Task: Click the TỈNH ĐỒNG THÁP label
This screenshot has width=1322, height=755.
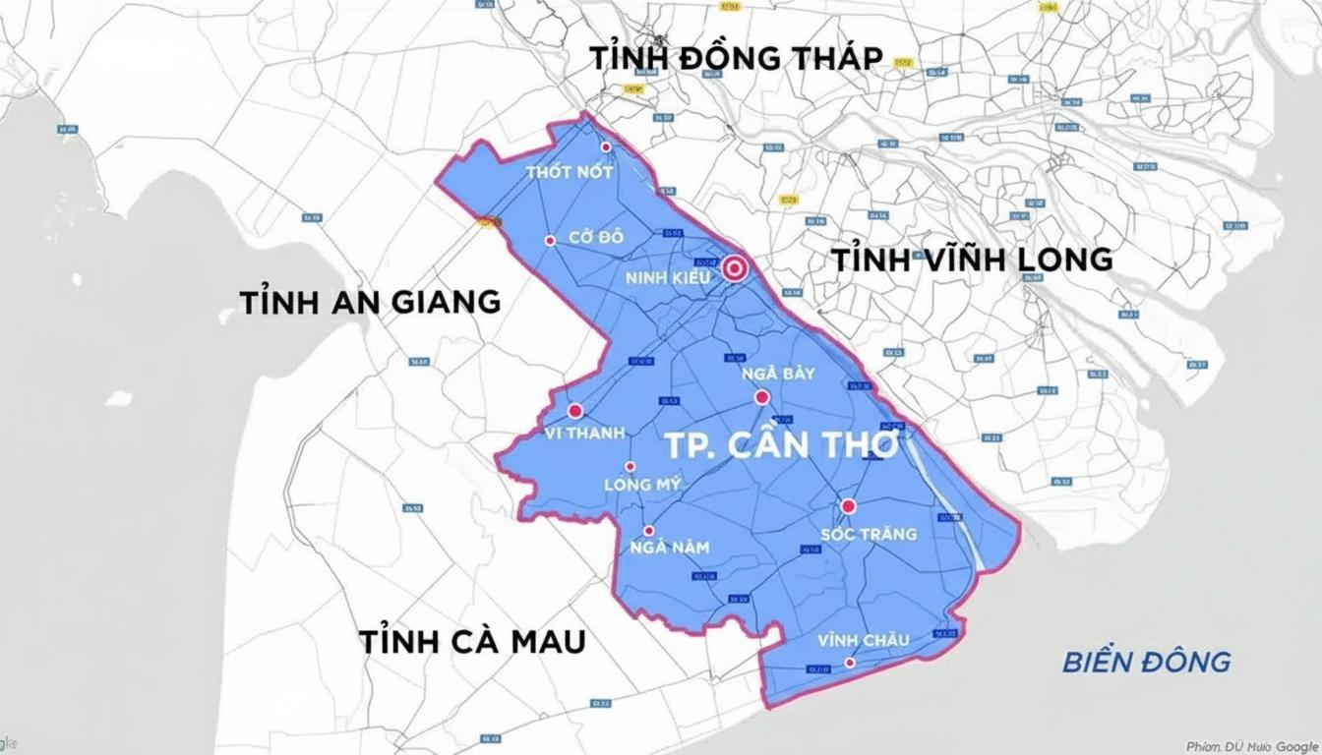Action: coord(736,58)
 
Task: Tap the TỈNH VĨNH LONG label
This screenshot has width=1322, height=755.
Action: coord(972,260)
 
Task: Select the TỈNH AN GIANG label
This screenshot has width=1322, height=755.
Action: coord(370,302)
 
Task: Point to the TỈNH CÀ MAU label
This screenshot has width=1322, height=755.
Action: coord(472,642)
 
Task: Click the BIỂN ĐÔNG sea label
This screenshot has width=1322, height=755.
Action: coord(1146,662)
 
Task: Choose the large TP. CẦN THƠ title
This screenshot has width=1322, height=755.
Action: coord(781,445)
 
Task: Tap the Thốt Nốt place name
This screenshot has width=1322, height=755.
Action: coord(570,172)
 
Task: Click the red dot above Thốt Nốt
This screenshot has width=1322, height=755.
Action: coord(606,146)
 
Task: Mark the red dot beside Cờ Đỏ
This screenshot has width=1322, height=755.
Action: coord(550,240)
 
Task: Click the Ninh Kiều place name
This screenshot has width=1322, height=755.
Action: coord(668,278)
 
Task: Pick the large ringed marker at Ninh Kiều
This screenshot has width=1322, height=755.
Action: coord(735,267)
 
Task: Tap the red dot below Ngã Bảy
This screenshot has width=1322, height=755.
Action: coord(761,397)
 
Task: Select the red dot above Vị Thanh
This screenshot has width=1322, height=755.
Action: coord(575,411)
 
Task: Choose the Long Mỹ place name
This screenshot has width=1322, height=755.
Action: coord(642,485)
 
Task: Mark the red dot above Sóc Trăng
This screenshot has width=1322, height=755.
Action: coord(848,506)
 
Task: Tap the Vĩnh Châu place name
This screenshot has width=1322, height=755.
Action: coord(864,641)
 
